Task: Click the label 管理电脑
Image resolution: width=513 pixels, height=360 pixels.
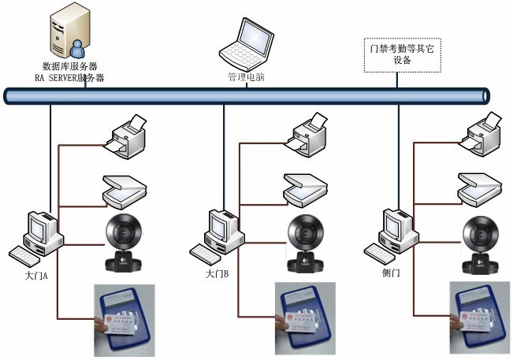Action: coord(246,78)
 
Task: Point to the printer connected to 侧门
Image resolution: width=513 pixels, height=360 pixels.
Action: coord(481,134)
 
